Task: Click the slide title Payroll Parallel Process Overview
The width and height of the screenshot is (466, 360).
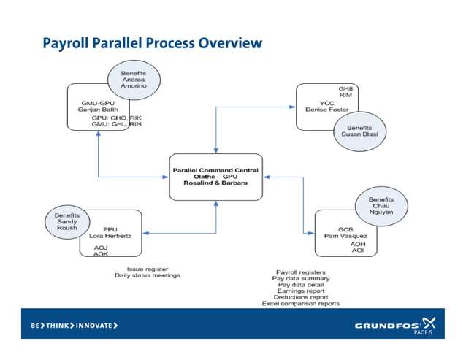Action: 151,43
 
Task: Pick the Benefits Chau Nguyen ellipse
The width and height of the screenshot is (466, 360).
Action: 381,206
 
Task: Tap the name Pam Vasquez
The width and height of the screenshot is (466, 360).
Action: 345,236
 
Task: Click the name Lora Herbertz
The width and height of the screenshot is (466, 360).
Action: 111,237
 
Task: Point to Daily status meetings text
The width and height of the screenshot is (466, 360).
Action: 147,275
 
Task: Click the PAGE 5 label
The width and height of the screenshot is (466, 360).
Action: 424,332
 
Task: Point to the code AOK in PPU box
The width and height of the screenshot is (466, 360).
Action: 101,254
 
